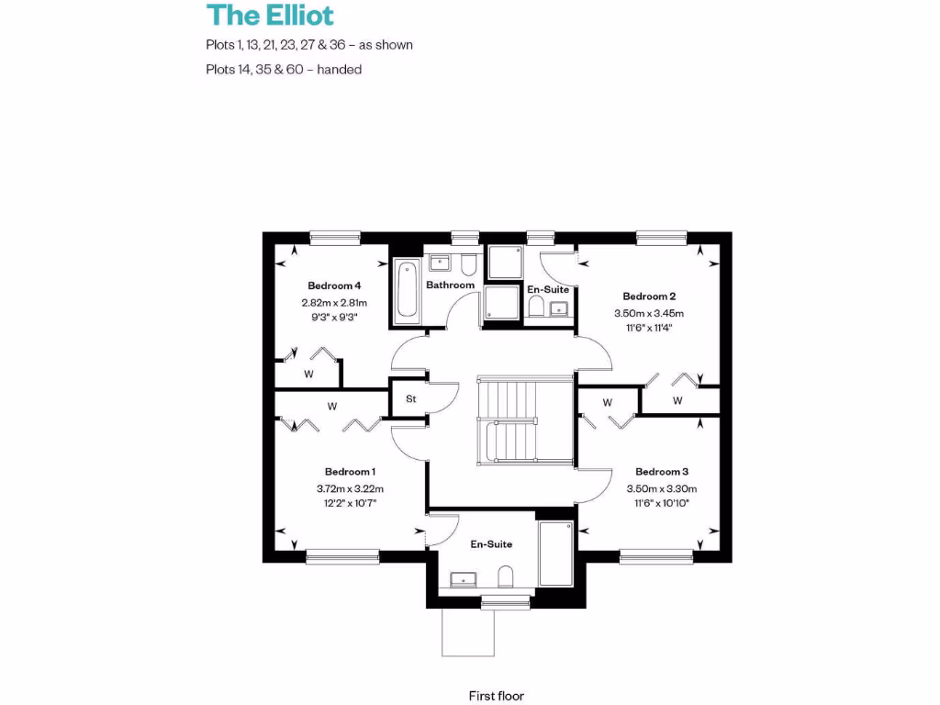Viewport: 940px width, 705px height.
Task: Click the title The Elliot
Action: click(x=270, y=16)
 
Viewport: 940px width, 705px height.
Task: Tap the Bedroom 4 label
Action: click(x=334, y=285)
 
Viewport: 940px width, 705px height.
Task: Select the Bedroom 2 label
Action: click(x=649, y=297)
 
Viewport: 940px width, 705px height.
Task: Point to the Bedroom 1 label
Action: click(x=350, y=472)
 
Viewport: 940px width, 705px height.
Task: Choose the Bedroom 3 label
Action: click(x=662, y=472)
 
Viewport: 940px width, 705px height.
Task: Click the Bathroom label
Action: click(x=450, y=285)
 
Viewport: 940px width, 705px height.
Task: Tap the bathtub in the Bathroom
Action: click(x=407, y=291)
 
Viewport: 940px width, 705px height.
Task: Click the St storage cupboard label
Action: click(x=410, y=399)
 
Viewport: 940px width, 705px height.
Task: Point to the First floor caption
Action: click(x=496, y=697)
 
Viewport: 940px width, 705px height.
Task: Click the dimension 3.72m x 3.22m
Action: click(x=350, y=488)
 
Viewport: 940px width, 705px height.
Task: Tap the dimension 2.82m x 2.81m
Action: click(x=334, y=303)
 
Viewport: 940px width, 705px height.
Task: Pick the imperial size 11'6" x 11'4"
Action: click(x=649, y=329)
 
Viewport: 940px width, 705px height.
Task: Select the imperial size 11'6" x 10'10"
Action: click(x=662, y=504)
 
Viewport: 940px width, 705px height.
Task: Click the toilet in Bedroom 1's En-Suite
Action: click(x=504, y=577)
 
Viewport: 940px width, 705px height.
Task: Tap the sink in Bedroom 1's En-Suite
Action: click(x=464, y=578)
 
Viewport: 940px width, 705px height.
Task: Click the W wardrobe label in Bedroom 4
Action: click(x=309, y=375)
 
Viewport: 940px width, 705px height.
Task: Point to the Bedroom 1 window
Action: click(x=342, y=555)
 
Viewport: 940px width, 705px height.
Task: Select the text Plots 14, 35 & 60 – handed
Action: click(x=284, y=69)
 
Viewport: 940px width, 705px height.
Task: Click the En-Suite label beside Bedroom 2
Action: click(x=548, y=290)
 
